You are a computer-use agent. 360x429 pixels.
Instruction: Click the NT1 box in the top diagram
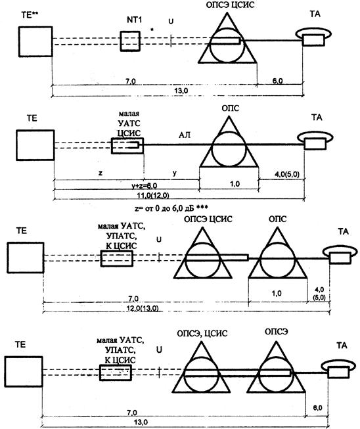click(x=130, y=41)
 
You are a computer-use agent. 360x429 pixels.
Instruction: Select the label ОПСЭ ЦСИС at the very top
click(x=230, y=5)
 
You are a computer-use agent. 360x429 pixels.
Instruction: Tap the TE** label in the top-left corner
click(x=30, y=15)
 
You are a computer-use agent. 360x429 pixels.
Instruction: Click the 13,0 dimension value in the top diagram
click(x=181, y=91)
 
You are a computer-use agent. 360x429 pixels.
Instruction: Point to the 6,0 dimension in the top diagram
click(x=277, y=81)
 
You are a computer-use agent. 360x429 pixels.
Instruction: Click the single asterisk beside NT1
click(x=152, y=30)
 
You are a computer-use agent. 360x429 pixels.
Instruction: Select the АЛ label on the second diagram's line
click(x=185, y=135)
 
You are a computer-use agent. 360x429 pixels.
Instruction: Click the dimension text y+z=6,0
click(x=144, y=186)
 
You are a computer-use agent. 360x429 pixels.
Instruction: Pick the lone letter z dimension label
click(x=101, y=173)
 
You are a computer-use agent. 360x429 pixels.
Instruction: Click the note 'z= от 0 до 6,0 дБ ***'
click(x=171, y=208)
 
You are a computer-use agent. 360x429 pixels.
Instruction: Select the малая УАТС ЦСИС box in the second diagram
click(x=127, y=146)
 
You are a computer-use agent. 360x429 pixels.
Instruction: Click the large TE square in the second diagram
click(x=35, y=145)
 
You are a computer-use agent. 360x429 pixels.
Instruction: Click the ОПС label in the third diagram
click(x=277, y=219)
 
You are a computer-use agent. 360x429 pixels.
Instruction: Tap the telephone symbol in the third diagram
click(x=340, y=254)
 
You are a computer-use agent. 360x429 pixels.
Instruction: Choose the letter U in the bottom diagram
click(x=159, y=350)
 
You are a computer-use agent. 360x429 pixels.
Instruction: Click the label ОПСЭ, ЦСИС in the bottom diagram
click(x=202, y=334)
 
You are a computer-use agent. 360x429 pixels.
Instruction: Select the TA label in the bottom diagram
click(x=342, y=346)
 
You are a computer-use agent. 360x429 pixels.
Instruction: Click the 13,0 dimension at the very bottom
click(x=141, y=422)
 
